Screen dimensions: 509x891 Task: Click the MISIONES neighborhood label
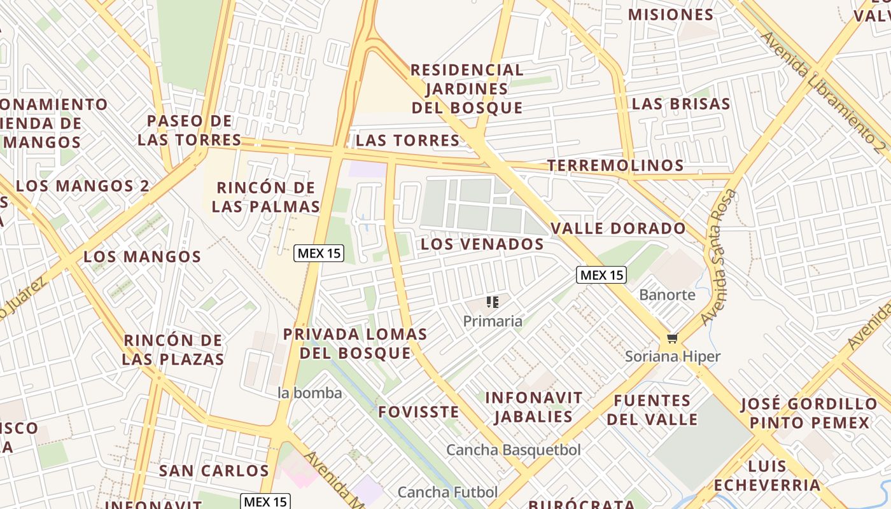point(671,15)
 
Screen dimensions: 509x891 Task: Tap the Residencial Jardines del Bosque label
point(467,88)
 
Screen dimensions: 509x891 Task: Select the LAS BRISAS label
point(681,104)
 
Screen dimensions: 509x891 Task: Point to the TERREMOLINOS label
point(615,165)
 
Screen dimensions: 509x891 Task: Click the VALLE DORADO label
point(618,228)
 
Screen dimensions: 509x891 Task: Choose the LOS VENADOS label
point(482,244)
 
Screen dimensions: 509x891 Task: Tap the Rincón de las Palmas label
point(266,197)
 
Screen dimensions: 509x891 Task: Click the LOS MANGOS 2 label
point(83,186)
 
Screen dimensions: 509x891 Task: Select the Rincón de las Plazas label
point(173,349)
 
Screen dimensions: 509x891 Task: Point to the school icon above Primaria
point(492,302)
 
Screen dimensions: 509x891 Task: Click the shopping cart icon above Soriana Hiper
point(672,338)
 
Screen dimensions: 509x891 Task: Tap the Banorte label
point(667,295)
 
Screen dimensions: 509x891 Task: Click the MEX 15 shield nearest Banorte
point(601,275)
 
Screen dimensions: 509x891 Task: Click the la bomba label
point(310,393)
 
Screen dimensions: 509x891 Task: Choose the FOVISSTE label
point(418,412)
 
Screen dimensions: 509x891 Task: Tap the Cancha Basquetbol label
point(513,450)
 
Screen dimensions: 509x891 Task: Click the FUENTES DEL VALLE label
point(652,410)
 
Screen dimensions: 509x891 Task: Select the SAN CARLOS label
point(214,471)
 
